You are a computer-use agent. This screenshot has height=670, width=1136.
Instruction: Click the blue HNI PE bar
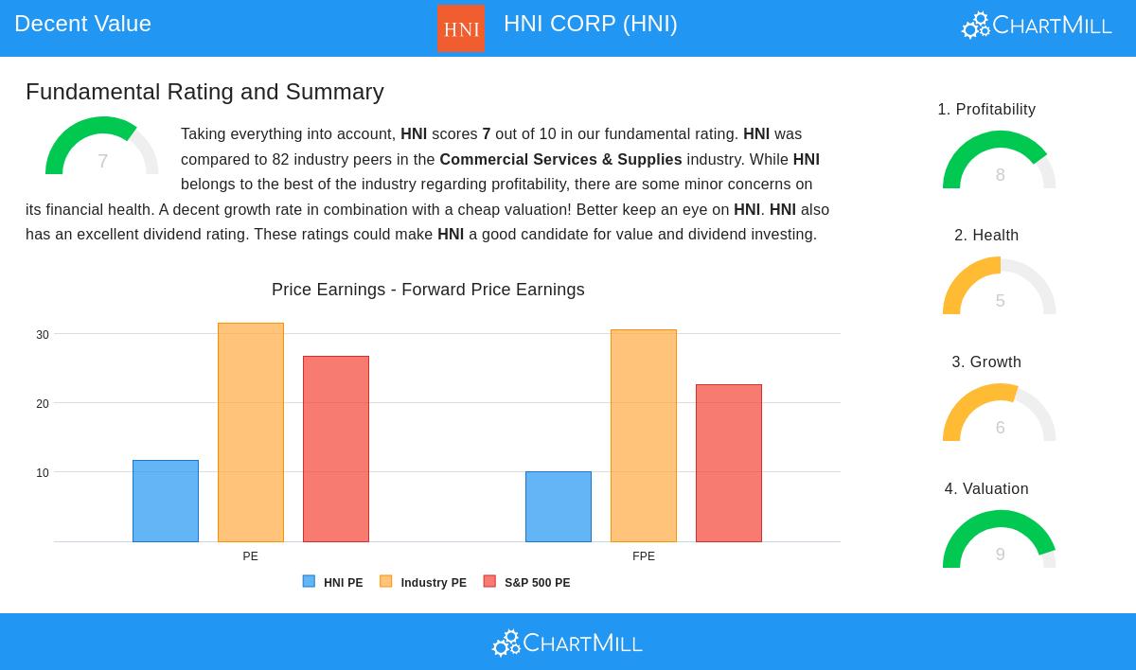point(166,501)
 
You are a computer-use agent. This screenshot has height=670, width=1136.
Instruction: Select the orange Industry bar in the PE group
point(251,432)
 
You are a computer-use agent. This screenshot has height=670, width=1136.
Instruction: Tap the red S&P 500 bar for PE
point(336,449)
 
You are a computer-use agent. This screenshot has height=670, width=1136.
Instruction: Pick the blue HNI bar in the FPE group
point(559,506)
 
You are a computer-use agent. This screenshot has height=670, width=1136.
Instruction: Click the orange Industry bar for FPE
point(644,435)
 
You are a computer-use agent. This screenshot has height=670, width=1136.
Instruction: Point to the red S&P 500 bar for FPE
point(729,463)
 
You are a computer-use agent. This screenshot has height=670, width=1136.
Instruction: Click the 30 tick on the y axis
point(43,335)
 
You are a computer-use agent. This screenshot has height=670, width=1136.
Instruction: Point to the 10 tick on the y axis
point(43,473)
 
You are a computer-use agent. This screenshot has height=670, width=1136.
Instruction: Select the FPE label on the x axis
point(644,556)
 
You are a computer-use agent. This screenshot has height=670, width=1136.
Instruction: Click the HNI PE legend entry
point(333,583)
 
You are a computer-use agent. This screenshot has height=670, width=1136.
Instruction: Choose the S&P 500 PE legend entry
point(527,583)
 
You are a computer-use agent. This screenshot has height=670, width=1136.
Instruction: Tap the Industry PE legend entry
point(423,583)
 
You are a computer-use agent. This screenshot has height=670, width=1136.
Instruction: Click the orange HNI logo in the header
point(461,28)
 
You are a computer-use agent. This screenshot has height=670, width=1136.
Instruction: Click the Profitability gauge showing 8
point(1000,163)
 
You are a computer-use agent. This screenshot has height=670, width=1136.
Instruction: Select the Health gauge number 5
point(1000,301)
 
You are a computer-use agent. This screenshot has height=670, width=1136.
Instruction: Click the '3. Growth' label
point(986,362)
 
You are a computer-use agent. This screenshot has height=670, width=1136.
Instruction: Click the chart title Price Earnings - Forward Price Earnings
point(428,290)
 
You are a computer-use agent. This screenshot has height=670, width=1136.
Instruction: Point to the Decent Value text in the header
point(83,24)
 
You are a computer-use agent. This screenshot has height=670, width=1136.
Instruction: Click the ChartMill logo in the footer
point(567,644)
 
